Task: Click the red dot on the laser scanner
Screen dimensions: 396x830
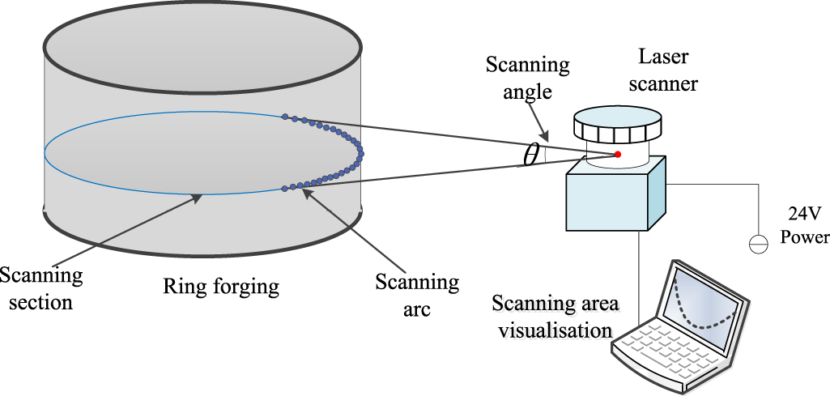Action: (x=617, y=154)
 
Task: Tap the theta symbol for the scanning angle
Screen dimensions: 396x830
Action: (x=531, y=155)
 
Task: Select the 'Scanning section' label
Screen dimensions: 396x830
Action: (x=40, y=289)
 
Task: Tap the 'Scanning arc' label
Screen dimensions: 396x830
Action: (x=417, y=295)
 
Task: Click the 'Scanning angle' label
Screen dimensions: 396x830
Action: (x=527, y=79)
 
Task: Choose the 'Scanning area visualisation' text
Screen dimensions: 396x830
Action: (x=555, y=317)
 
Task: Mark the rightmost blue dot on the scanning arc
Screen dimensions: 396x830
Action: (x=361, y=152)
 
